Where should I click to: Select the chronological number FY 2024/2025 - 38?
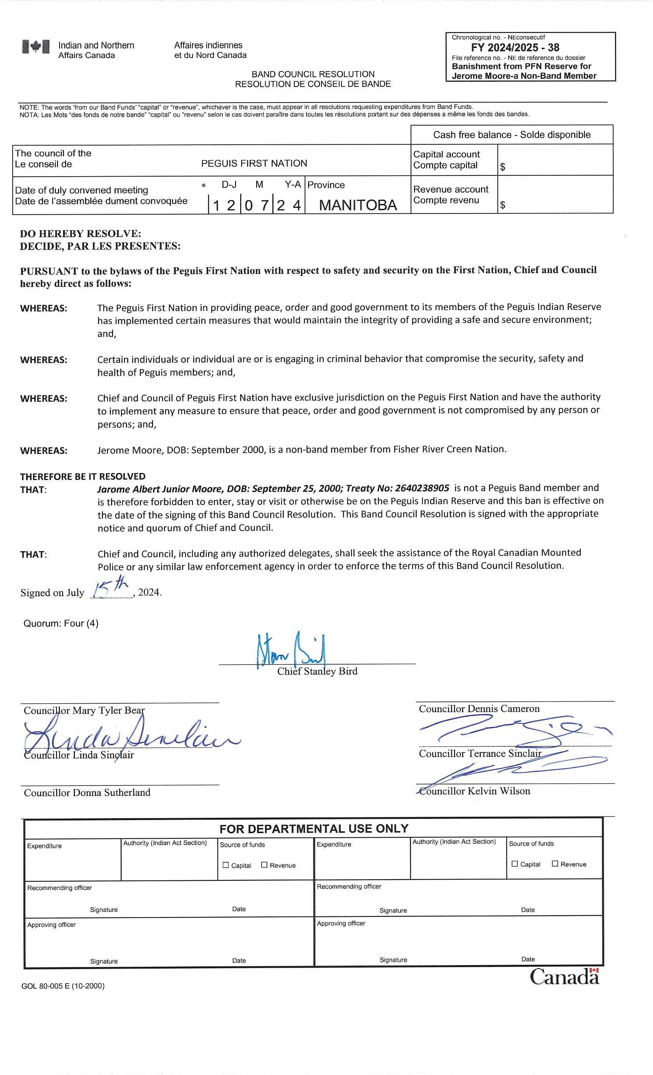pos(515,48)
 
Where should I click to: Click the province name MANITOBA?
pos(358,205)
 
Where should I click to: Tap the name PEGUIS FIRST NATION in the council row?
pos(254,163)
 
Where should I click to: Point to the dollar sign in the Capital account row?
pos(503,167)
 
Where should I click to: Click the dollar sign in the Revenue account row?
pos(503,205)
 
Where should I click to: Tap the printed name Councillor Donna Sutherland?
pos(87,793)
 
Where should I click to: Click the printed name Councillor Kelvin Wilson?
pos(475,791)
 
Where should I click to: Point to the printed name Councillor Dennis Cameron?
pos(479,708)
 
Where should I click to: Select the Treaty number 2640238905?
pos(422,488)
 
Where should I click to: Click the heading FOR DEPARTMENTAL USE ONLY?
pos(314,829)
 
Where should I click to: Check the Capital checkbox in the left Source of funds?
pos(226,865)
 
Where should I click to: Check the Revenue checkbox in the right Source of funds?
pos(555,863)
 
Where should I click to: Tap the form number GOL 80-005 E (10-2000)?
pos(63,986)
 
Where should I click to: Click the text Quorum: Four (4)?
pos(61,623)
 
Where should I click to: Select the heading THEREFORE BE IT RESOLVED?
pos(83,476)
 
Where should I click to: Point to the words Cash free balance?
pos(472,135)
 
